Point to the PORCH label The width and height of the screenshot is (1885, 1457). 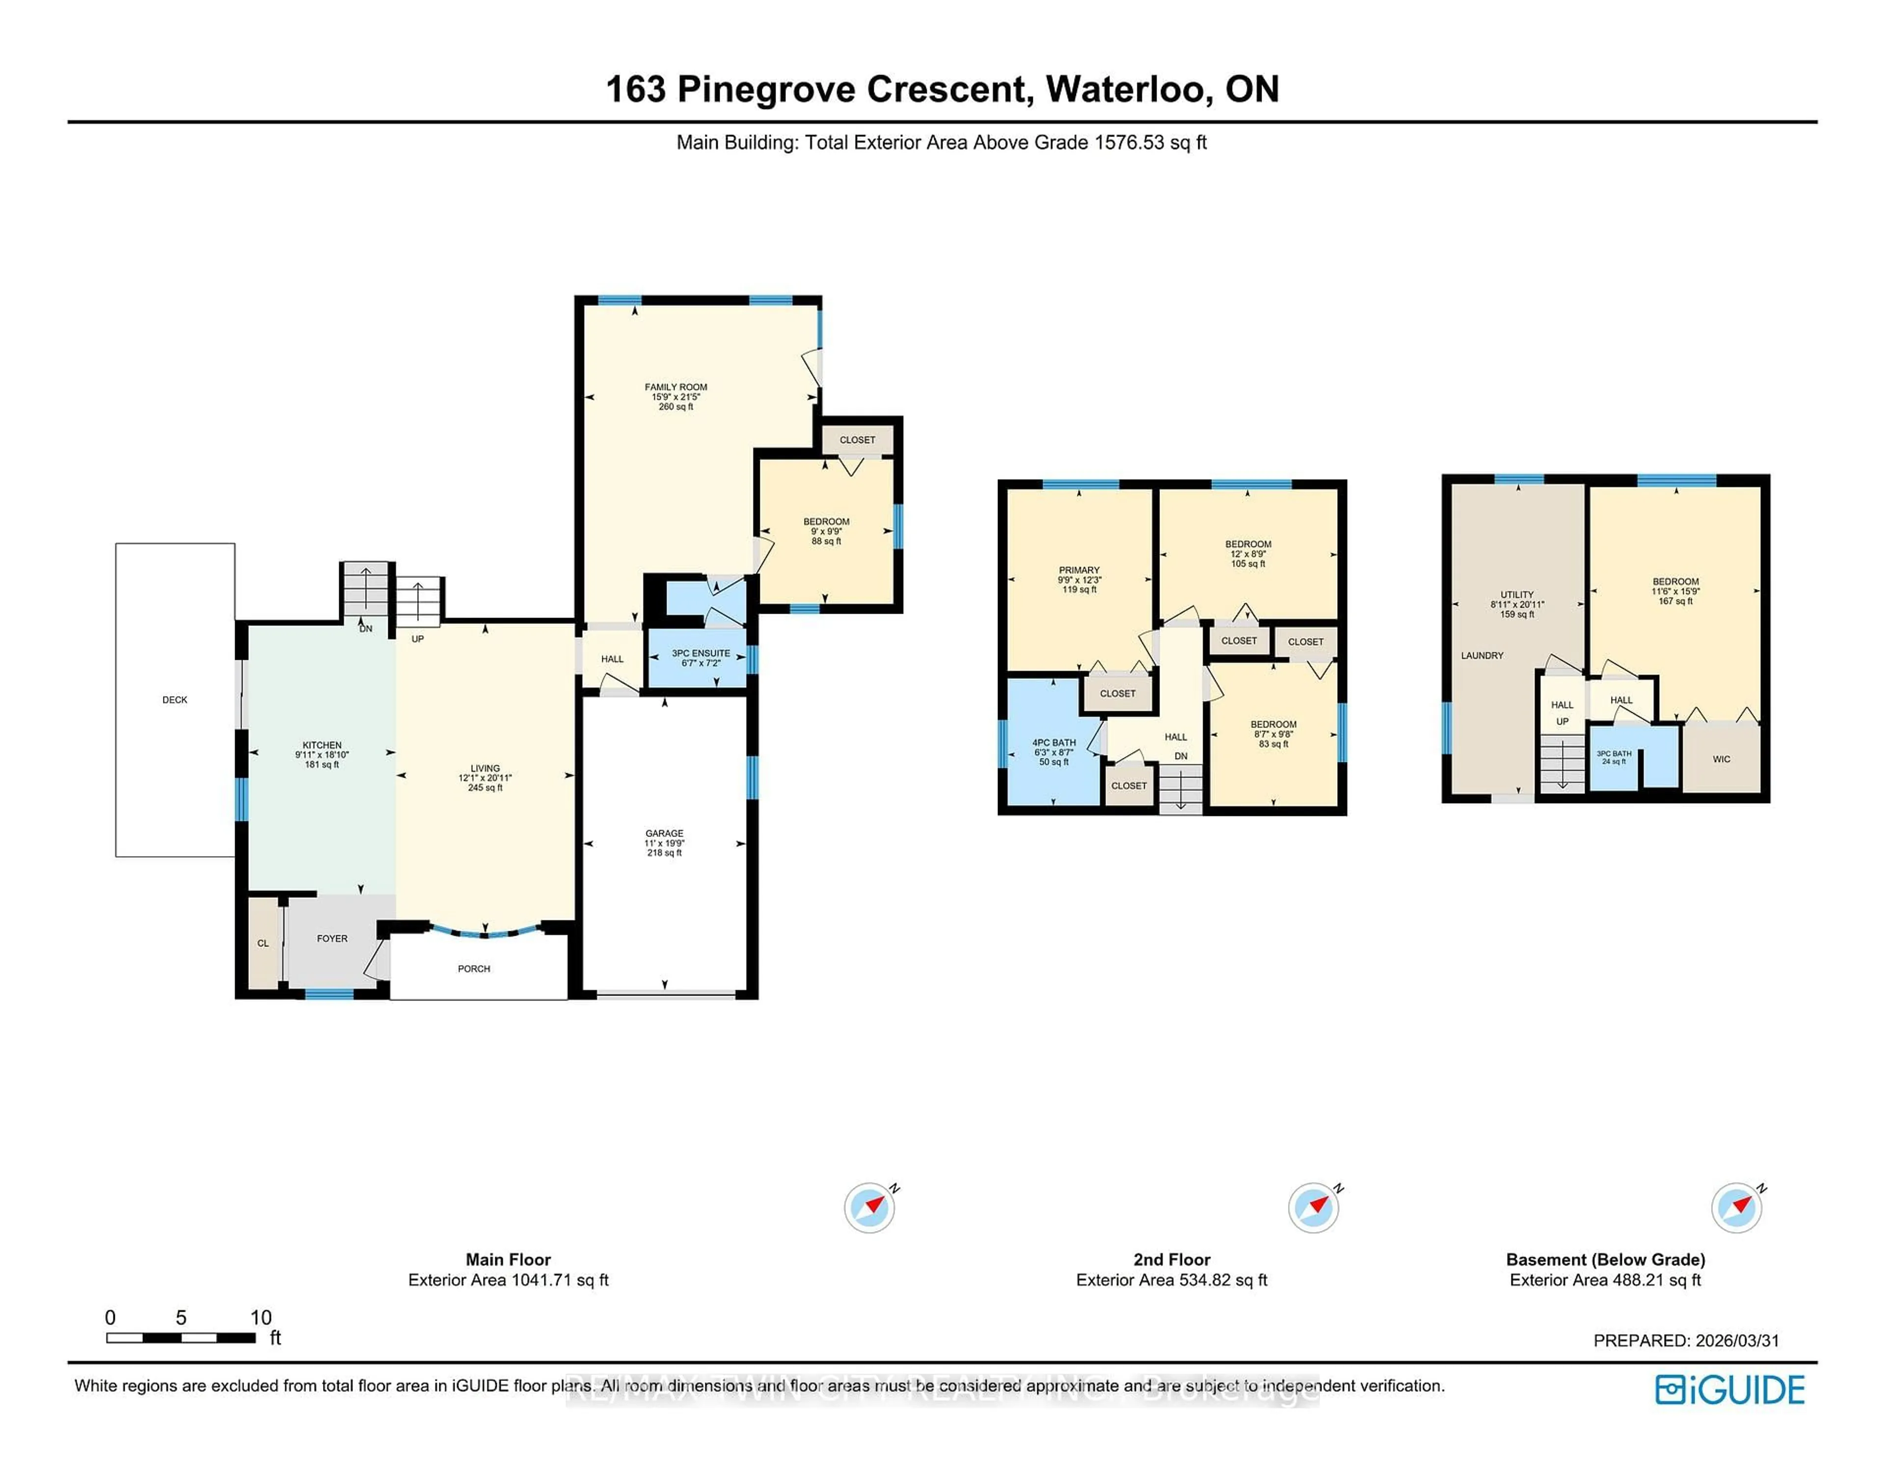click(x=473, y=969)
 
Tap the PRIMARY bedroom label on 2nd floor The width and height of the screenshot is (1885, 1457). click(x=1079, y=569)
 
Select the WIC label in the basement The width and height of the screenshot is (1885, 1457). click(x=1721, y=759)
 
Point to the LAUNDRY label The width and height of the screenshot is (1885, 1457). click(x=1482, y=656)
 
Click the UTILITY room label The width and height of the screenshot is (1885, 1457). click(x=1516, y=594)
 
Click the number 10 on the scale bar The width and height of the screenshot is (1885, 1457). click(x=261, y=1317)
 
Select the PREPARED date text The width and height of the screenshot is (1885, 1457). click(x=1686, y=1341)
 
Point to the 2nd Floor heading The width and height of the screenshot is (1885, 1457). click(x=1171, y=1259)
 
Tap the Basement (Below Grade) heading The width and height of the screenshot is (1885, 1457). click(x=1605, y=1259)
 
